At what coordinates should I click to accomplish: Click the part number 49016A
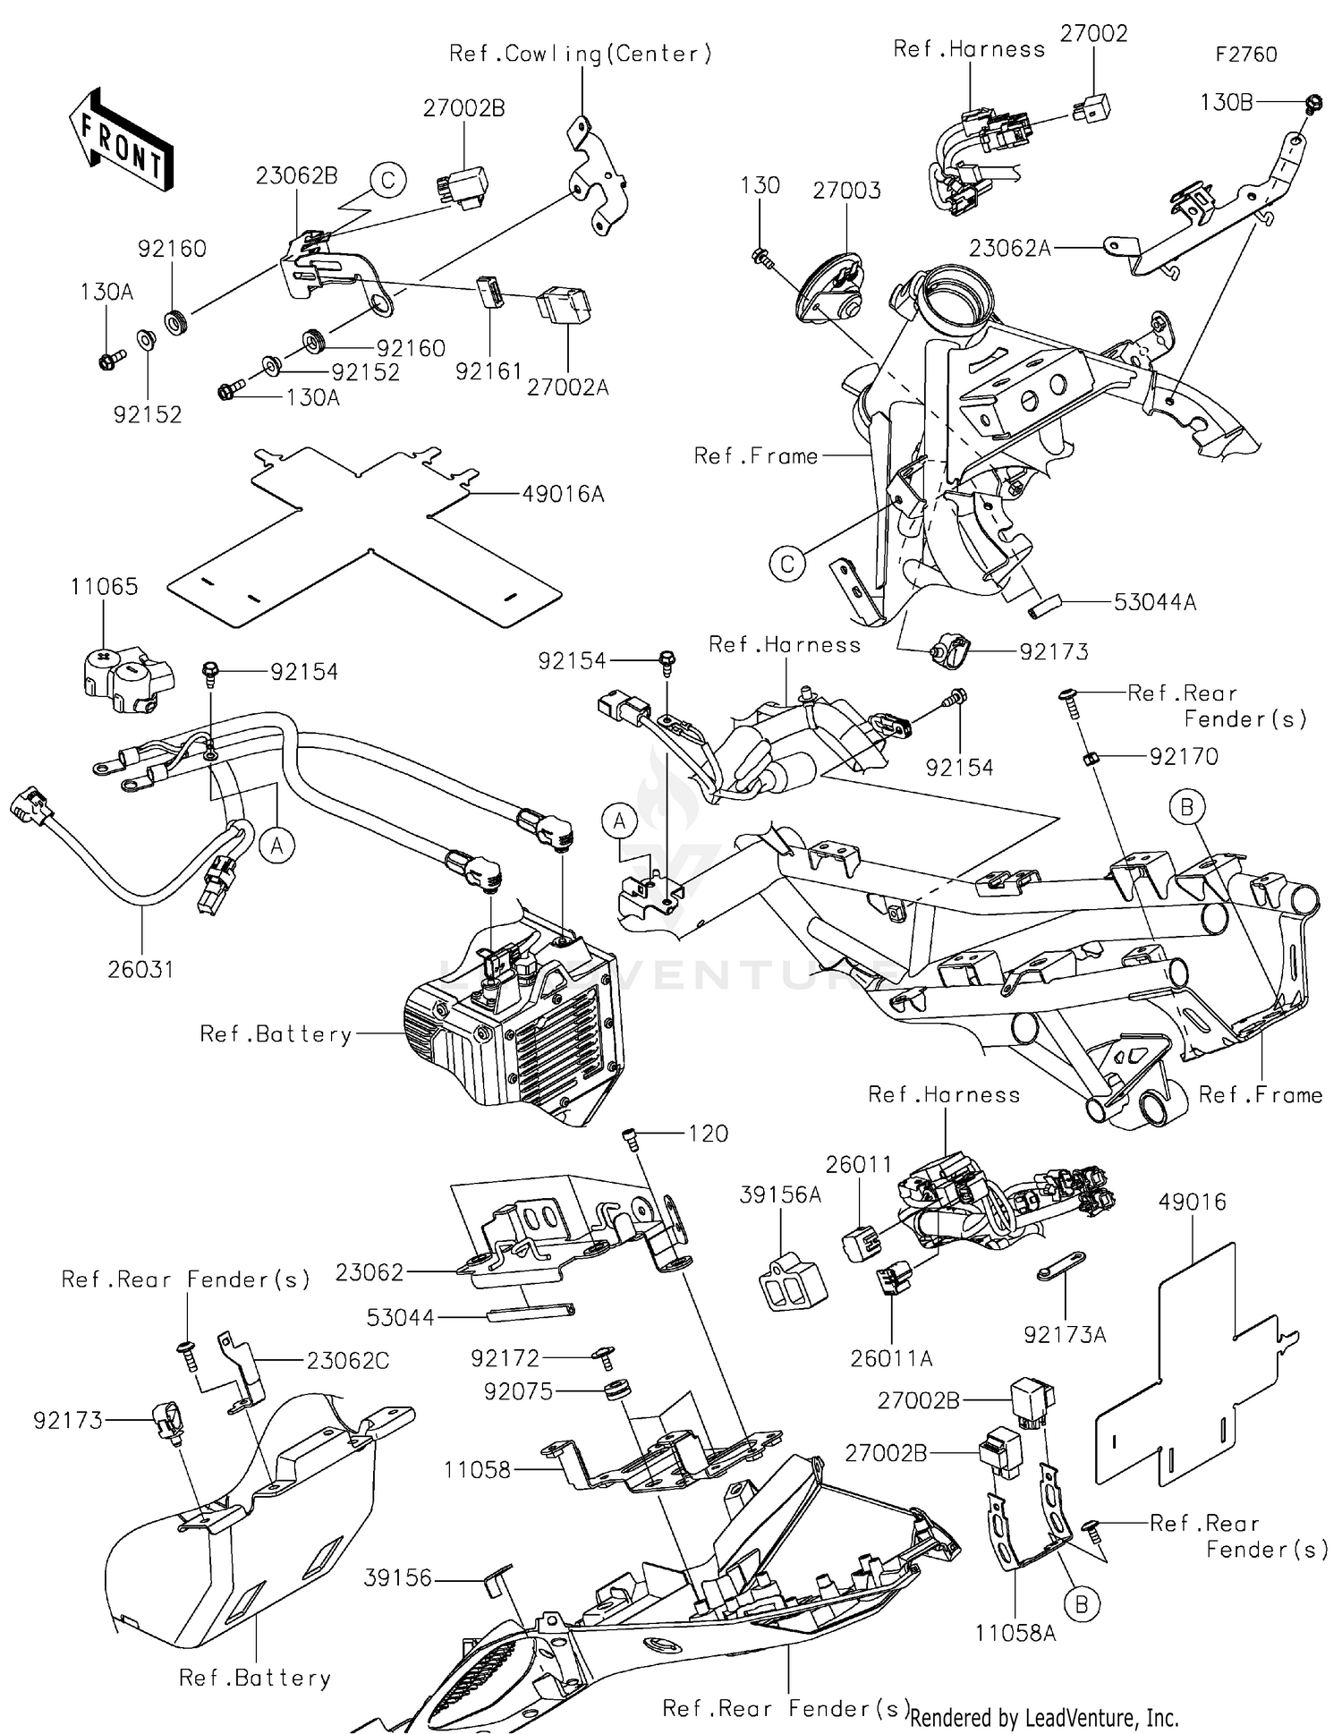[563, 493]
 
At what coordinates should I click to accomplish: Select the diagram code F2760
[1245, 55]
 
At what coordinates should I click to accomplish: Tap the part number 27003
[846, 191]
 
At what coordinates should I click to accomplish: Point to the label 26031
[140, 969]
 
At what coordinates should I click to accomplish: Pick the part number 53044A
[1154, 602]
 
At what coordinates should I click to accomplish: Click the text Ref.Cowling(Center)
[581, 54]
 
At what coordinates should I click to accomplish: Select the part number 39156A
[780, 1194]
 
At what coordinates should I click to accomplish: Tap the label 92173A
[1065, 1335]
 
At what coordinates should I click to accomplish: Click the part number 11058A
[1015, 1634]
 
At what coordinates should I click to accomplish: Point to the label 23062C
[348, 1360]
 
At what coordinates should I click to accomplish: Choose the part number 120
[709, 1134]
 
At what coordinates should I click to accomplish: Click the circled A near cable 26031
[277, 844]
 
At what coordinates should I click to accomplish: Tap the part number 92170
[1184, 757]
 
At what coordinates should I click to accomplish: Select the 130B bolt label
[1226, 102]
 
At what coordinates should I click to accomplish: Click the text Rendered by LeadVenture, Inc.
[1044, 1717]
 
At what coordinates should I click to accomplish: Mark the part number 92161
[488, 370]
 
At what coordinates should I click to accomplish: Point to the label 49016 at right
[1192, 1202]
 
